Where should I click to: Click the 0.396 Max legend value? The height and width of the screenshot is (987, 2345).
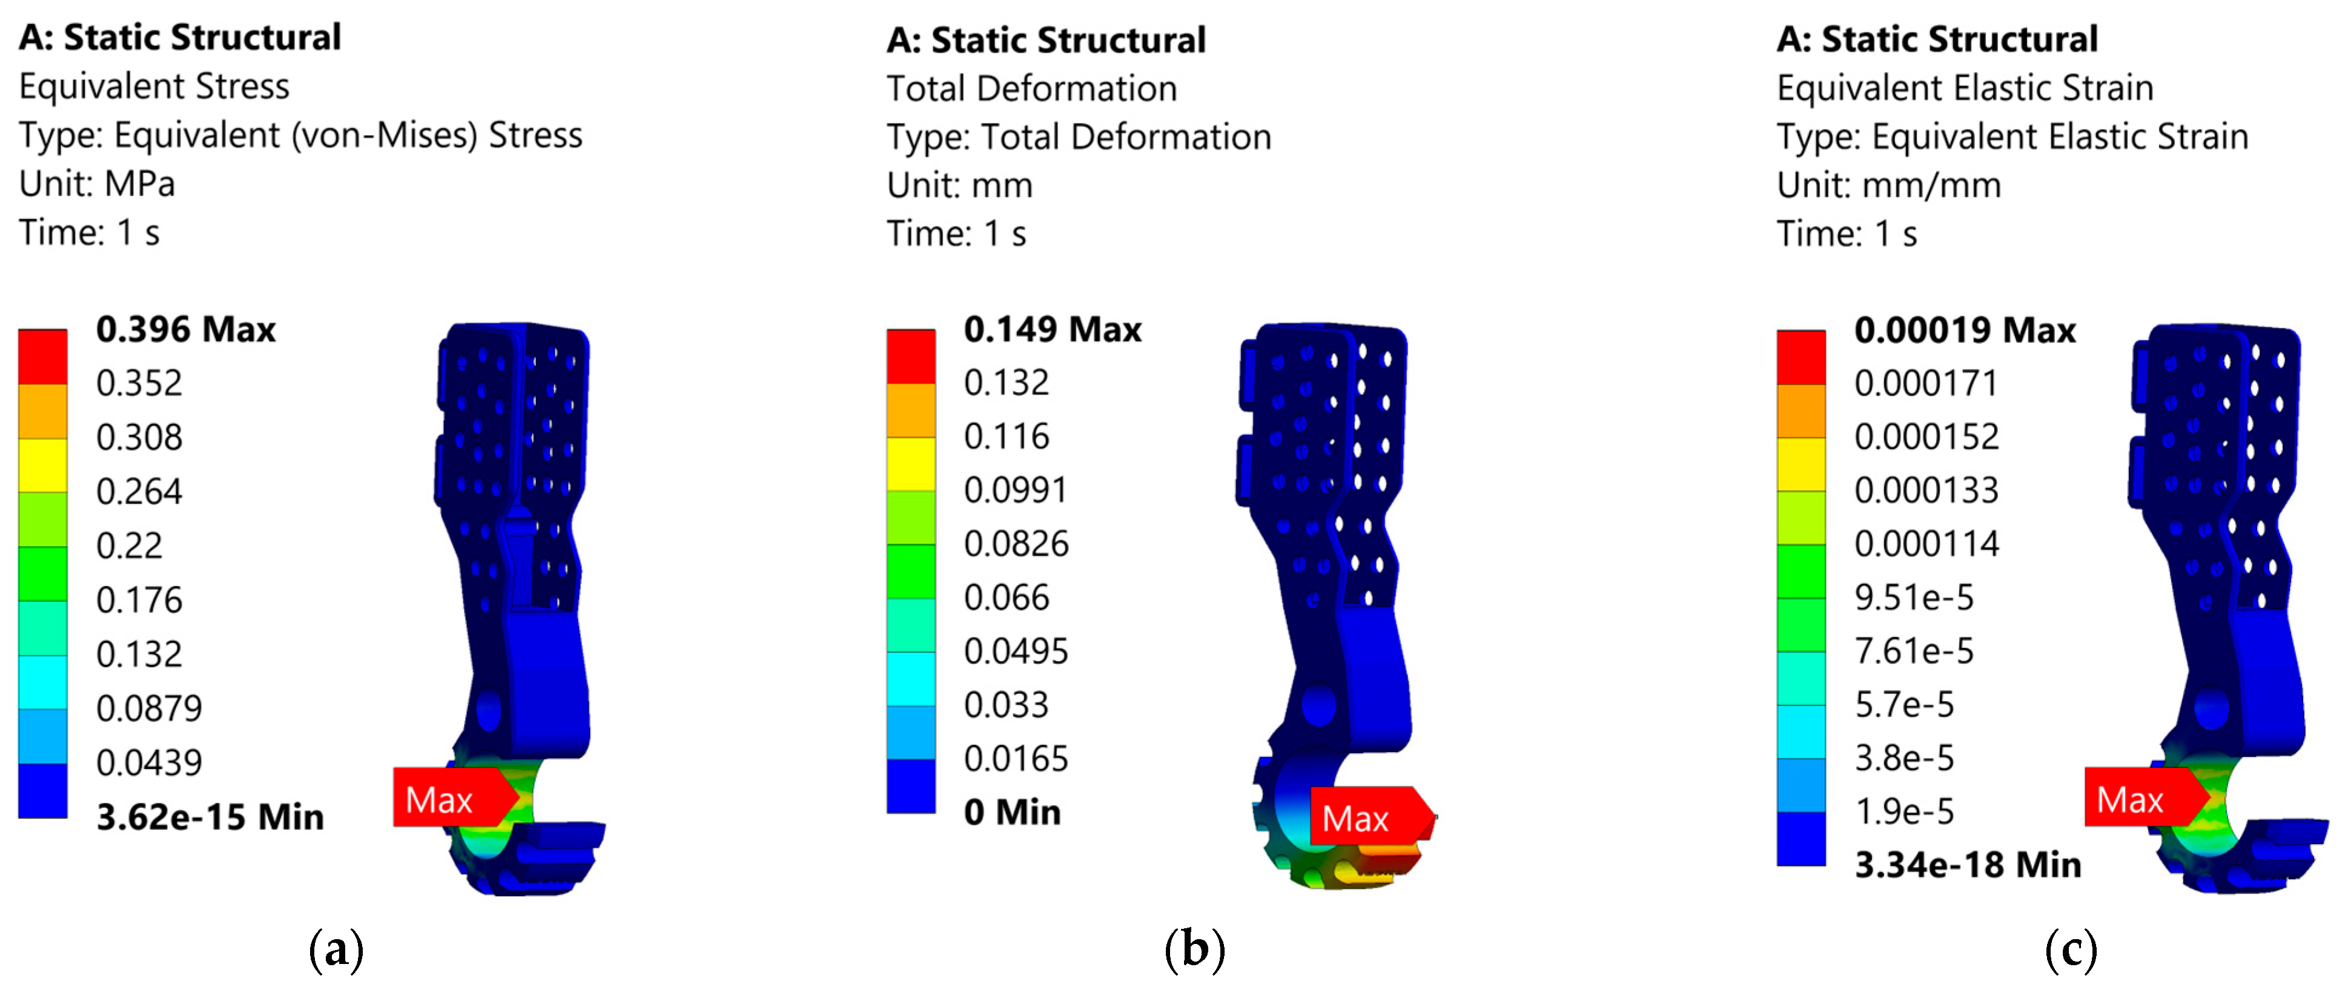[x=186, y=329]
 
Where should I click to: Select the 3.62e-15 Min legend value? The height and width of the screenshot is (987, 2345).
[x=210, y=817]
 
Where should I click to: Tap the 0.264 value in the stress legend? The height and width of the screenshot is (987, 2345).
[x=139, y=492]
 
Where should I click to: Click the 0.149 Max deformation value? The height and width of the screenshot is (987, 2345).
[x=1053, y=329]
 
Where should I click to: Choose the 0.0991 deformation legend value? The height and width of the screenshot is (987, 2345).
[x=1016, y=490]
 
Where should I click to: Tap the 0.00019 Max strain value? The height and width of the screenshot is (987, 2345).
[x=1965, y=329]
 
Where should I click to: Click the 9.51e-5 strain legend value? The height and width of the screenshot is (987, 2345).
[x=1914, y=597]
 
